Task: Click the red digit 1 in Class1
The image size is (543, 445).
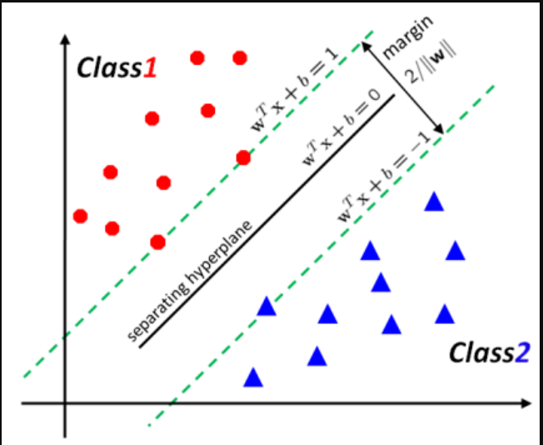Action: (150, 67)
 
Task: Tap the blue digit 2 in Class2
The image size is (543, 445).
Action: (521, 353)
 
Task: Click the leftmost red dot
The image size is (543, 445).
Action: (81, 216)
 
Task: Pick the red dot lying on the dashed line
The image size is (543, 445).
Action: (243, 157)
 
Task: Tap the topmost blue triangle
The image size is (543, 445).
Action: (433, 202)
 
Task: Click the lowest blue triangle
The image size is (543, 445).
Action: (253, 378)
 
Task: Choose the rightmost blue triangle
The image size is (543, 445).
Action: (455, 250)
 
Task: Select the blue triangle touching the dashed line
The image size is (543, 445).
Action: (266, 307)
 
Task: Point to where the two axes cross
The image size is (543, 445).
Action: (63, 403)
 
